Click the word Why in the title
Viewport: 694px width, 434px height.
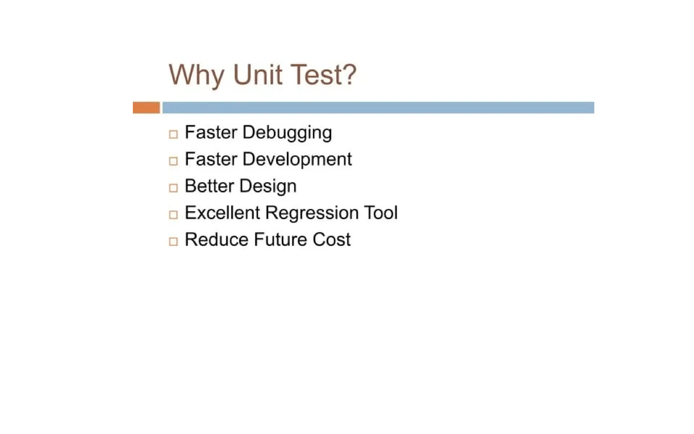click(x=196, y=75)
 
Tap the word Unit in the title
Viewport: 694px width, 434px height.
click(x=258, y=75)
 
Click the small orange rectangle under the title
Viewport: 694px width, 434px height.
click(x=146, y=107)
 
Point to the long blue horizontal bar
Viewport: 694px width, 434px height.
click(x=378, y=107)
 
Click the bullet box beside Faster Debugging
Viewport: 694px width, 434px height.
click(x=173, y=134)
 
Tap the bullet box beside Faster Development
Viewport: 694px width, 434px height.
click(x=173, y=161)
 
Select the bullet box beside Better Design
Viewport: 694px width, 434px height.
click(x=173, y=188)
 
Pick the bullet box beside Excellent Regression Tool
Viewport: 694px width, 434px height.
click(x=173, y=215)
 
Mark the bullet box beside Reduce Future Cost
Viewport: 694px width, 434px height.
click(x=173, y=241)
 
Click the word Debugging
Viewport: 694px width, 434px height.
click(x=287, y=133)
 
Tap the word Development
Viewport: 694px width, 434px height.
click(x=297, y=159)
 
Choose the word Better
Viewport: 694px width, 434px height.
click(x=209, y=186)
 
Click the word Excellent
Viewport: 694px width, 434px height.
click(x=222, y=213)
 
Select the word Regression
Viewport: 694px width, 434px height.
click(x=312, y=213)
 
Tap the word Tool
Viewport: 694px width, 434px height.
click(x=381, y=213)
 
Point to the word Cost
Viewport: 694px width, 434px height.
click(x=331, y=239)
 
